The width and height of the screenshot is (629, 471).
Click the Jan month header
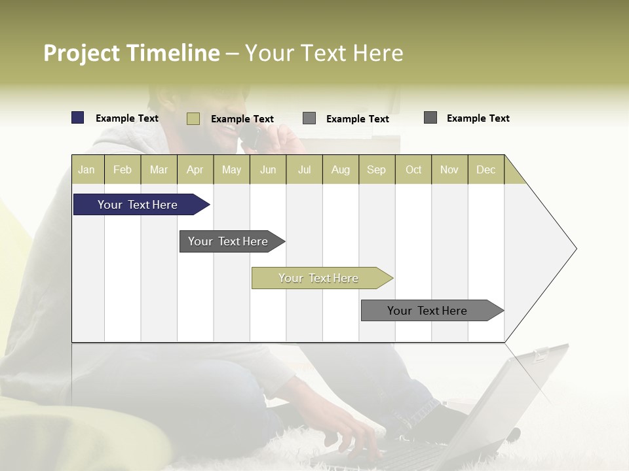point(87,169)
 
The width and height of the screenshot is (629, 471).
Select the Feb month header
point(123,169)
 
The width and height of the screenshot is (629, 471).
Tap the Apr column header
point(195,169)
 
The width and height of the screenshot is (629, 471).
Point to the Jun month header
point(268,169)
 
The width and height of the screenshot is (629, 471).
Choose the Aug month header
point(341,169)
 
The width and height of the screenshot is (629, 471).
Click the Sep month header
point(377,169)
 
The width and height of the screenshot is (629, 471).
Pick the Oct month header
point(413,169)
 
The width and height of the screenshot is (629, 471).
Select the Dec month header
point(486,169)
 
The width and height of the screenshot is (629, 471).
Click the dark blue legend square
point(78,118)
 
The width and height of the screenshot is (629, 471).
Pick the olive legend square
point(193,118)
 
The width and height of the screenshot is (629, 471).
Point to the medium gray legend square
point(309,118)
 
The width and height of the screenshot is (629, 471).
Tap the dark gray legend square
point(430,118)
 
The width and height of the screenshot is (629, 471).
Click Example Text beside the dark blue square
point(127,118)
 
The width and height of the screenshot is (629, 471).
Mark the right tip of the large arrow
point(575,249)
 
